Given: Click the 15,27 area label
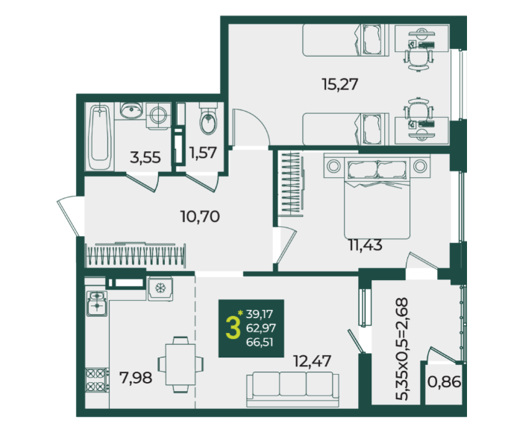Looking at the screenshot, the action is [340, 84].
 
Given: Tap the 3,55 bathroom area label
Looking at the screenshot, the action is [145, 158].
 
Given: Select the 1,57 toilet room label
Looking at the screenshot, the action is [203, 153].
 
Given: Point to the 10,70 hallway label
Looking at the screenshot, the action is [200, 216].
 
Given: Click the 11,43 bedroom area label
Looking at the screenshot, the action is [366, 245].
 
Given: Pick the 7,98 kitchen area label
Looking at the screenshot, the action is [136, 378].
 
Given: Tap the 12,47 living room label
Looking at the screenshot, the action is [312, 361].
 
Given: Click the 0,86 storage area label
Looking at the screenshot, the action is [444, 382].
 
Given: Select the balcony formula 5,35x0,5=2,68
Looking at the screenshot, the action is [402, 349].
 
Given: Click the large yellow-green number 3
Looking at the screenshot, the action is [233, 328].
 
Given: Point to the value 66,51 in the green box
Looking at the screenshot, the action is [260, 342].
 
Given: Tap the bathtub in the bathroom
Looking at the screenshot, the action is [100, 137].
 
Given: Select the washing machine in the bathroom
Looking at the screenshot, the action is [158, 116].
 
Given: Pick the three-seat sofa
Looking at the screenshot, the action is [292, 389].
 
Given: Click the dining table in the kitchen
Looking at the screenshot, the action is [181, 364].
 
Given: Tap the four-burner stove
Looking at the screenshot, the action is [96, 380].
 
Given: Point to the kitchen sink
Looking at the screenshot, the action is [97, 303].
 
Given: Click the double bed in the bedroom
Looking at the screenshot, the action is [377, 197].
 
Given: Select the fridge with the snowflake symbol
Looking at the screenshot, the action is [160, 288].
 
